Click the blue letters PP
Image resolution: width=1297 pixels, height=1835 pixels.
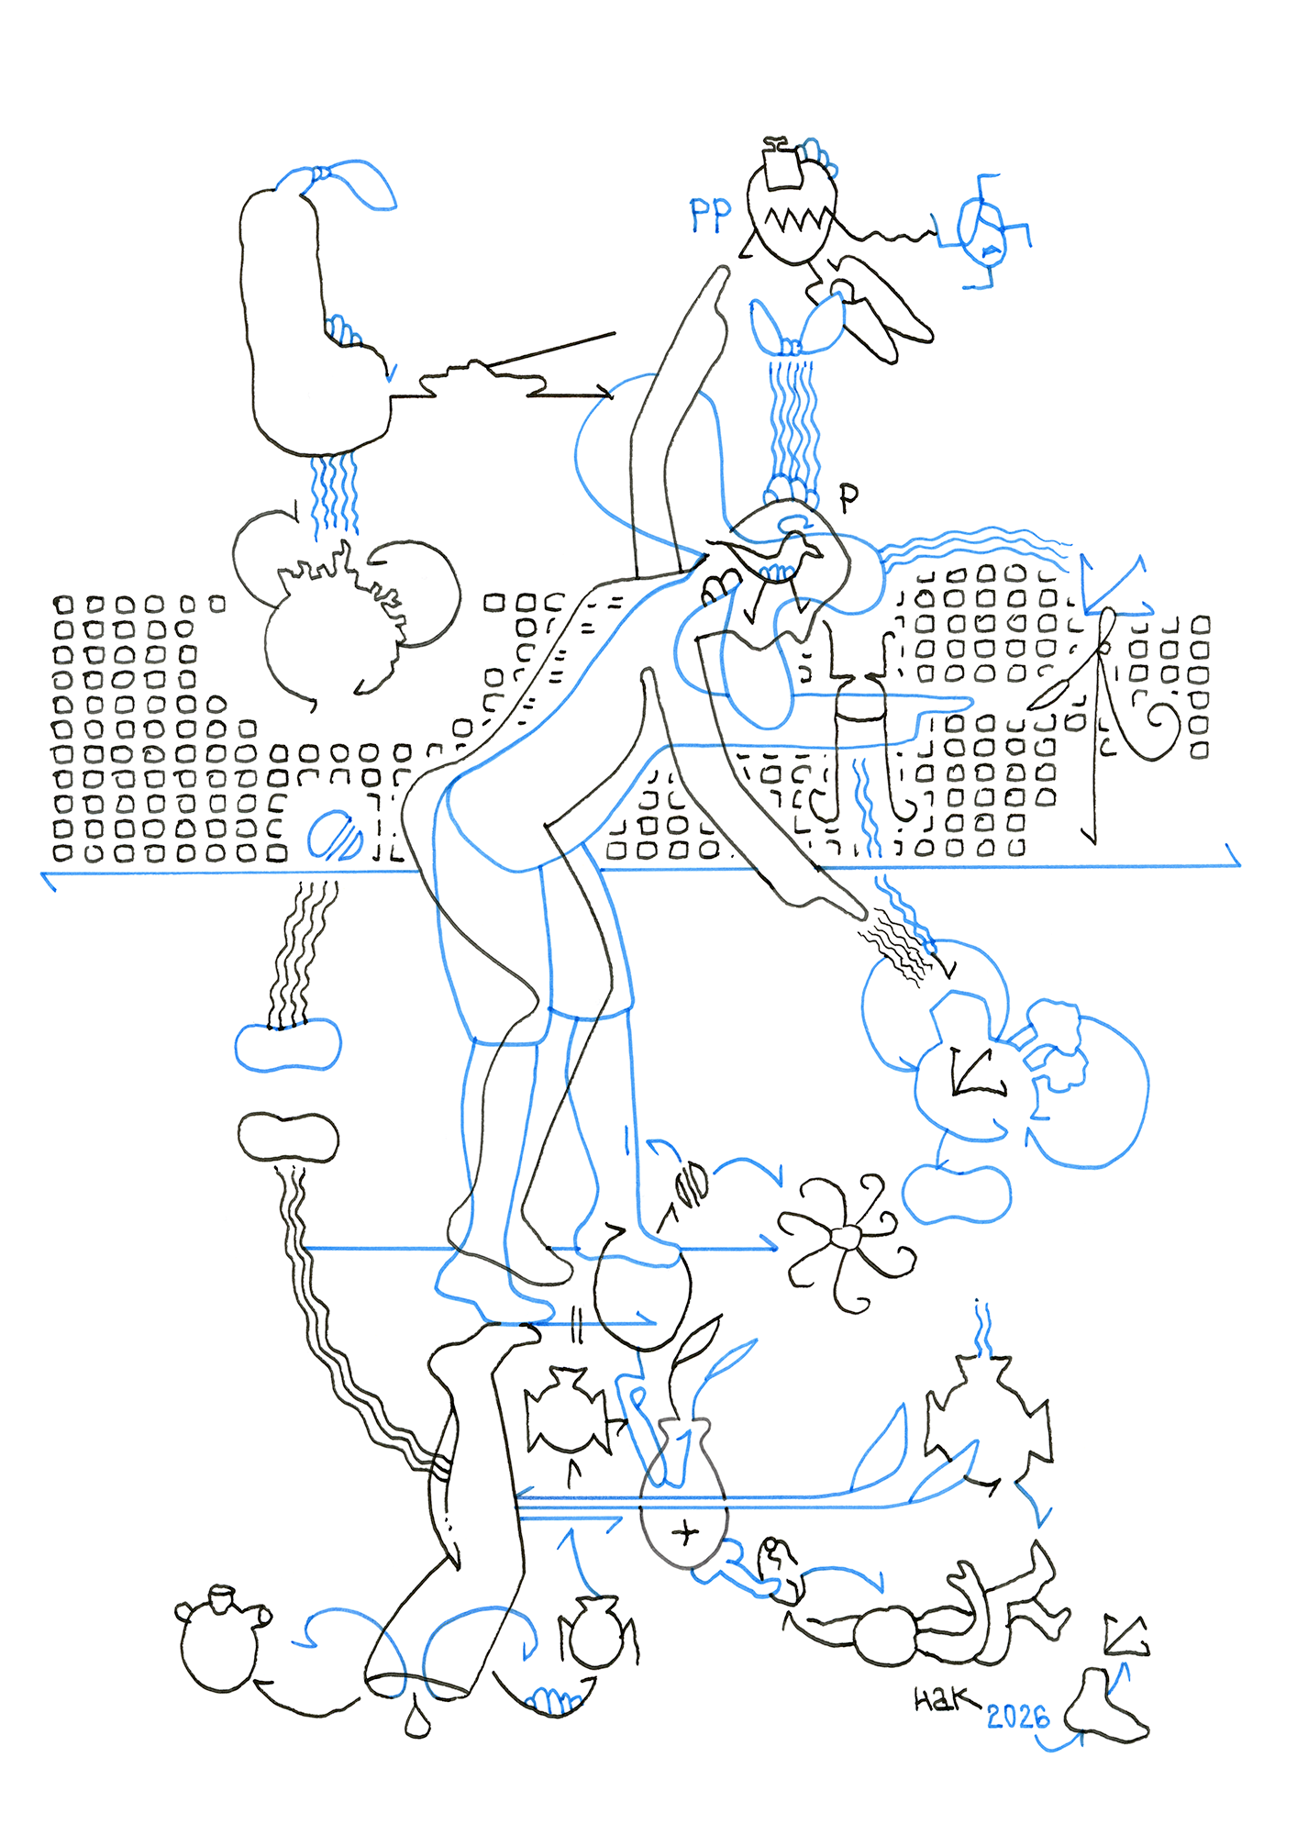pyautogui.click(x=711, y=215)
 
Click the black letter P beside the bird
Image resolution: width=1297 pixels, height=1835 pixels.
pyautogui.click(x=849, y=496)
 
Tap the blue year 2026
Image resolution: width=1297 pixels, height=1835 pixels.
pyautogui.click(x=1017, y=1716)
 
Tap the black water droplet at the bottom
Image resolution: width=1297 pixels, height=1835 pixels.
pyautogui.click(x=418, y=1722)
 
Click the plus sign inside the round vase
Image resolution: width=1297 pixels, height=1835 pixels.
pyautogui.click(x=685, y=1532)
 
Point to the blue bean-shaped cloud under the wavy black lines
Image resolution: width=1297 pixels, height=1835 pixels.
pyautogui.click(x=288, y=1046)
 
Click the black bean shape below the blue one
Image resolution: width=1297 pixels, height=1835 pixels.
pyautogui.click(x=288, y=1137)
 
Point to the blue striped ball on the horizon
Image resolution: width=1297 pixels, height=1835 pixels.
pyautogui.click(x=334, y=836)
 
